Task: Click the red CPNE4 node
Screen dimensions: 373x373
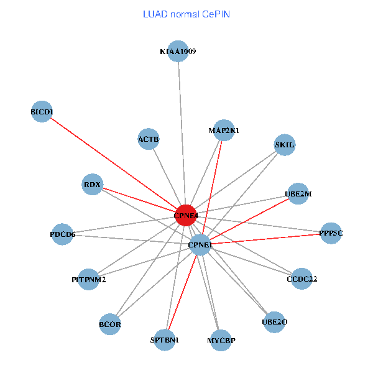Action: click(186, 215)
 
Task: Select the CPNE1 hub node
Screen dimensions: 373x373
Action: click(200, 245)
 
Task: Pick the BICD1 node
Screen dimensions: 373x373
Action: click(42, 112)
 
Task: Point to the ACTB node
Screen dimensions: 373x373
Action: click(149, 139)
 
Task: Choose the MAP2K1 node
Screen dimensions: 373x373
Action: click(224, 131)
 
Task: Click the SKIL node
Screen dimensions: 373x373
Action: click(285, 145)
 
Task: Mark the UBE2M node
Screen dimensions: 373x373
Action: click(298, 194)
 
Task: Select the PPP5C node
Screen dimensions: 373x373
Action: click(331, 233)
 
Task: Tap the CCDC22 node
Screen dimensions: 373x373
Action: click(302, 279)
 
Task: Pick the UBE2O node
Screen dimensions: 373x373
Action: click(274, 322)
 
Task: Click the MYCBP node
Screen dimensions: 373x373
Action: click(221, 340)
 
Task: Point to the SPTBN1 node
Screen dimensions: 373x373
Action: click(165, 340)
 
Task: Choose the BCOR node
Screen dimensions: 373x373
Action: click(110, 325)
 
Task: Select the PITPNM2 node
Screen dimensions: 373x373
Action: click(89, 280)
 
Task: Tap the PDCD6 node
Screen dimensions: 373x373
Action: click(63, 234)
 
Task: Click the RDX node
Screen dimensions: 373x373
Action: click(92, 184)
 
